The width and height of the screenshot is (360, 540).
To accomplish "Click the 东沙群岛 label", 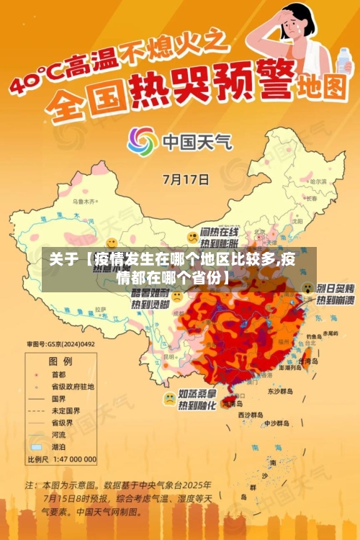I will (x=281, y=391).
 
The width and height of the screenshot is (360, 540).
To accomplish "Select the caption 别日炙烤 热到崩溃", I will (x=335, y=293).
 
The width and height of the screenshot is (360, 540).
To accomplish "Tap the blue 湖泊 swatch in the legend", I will (x=35, y=446).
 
